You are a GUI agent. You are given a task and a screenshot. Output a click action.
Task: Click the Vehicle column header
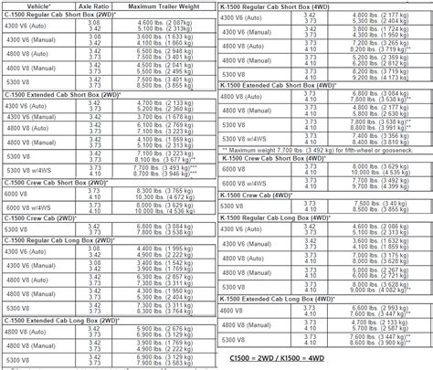[26, 6]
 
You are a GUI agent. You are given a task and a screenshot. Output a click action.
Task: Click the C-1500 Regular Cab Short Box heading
[60, 16]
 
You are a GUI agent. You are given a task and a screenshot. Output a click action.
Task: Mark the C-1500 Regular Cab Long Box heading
[59, 238]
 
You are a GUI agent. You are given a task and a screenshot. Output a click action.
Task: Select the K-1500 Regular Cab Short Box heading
[278, 6]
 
